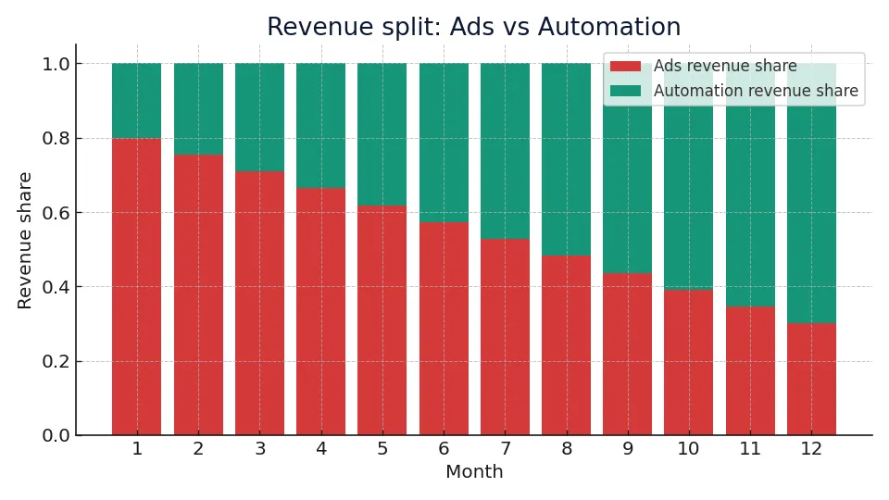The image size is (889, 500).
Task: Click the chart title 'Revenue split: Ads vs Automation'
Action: point(473,28)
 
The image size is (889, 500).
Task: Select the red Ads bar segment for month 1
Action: point(137,287)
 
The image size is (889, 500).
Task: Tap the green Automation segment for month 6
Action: point(444,143)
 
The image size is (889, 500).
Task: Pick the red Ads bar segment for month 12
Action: point(811,380)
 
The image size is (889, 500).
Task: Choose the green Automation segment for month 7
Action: point(505,151)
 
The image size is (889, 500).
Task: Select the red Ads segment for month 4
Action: point(320,311)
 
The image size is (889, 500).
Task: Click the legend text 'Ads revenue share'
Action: point(725,67)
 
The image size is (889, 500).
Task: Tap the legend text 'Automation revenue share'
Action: point(756,92)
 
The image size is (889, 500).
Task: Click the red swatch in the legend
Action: point(625,67)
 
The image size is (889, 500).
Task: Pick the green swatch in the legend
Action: point(625,92)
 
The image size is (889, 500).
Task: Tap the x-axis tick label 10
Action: point(688,449)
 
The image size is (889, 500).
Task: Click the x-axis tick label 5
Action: point(382,449)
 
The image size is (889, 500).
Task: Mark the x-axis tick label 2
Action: point(198,449)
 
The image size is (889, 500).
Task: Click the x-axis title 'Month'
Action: point(474,472)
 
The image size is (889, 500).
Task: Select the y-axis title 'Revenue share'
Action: point(25,240)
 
